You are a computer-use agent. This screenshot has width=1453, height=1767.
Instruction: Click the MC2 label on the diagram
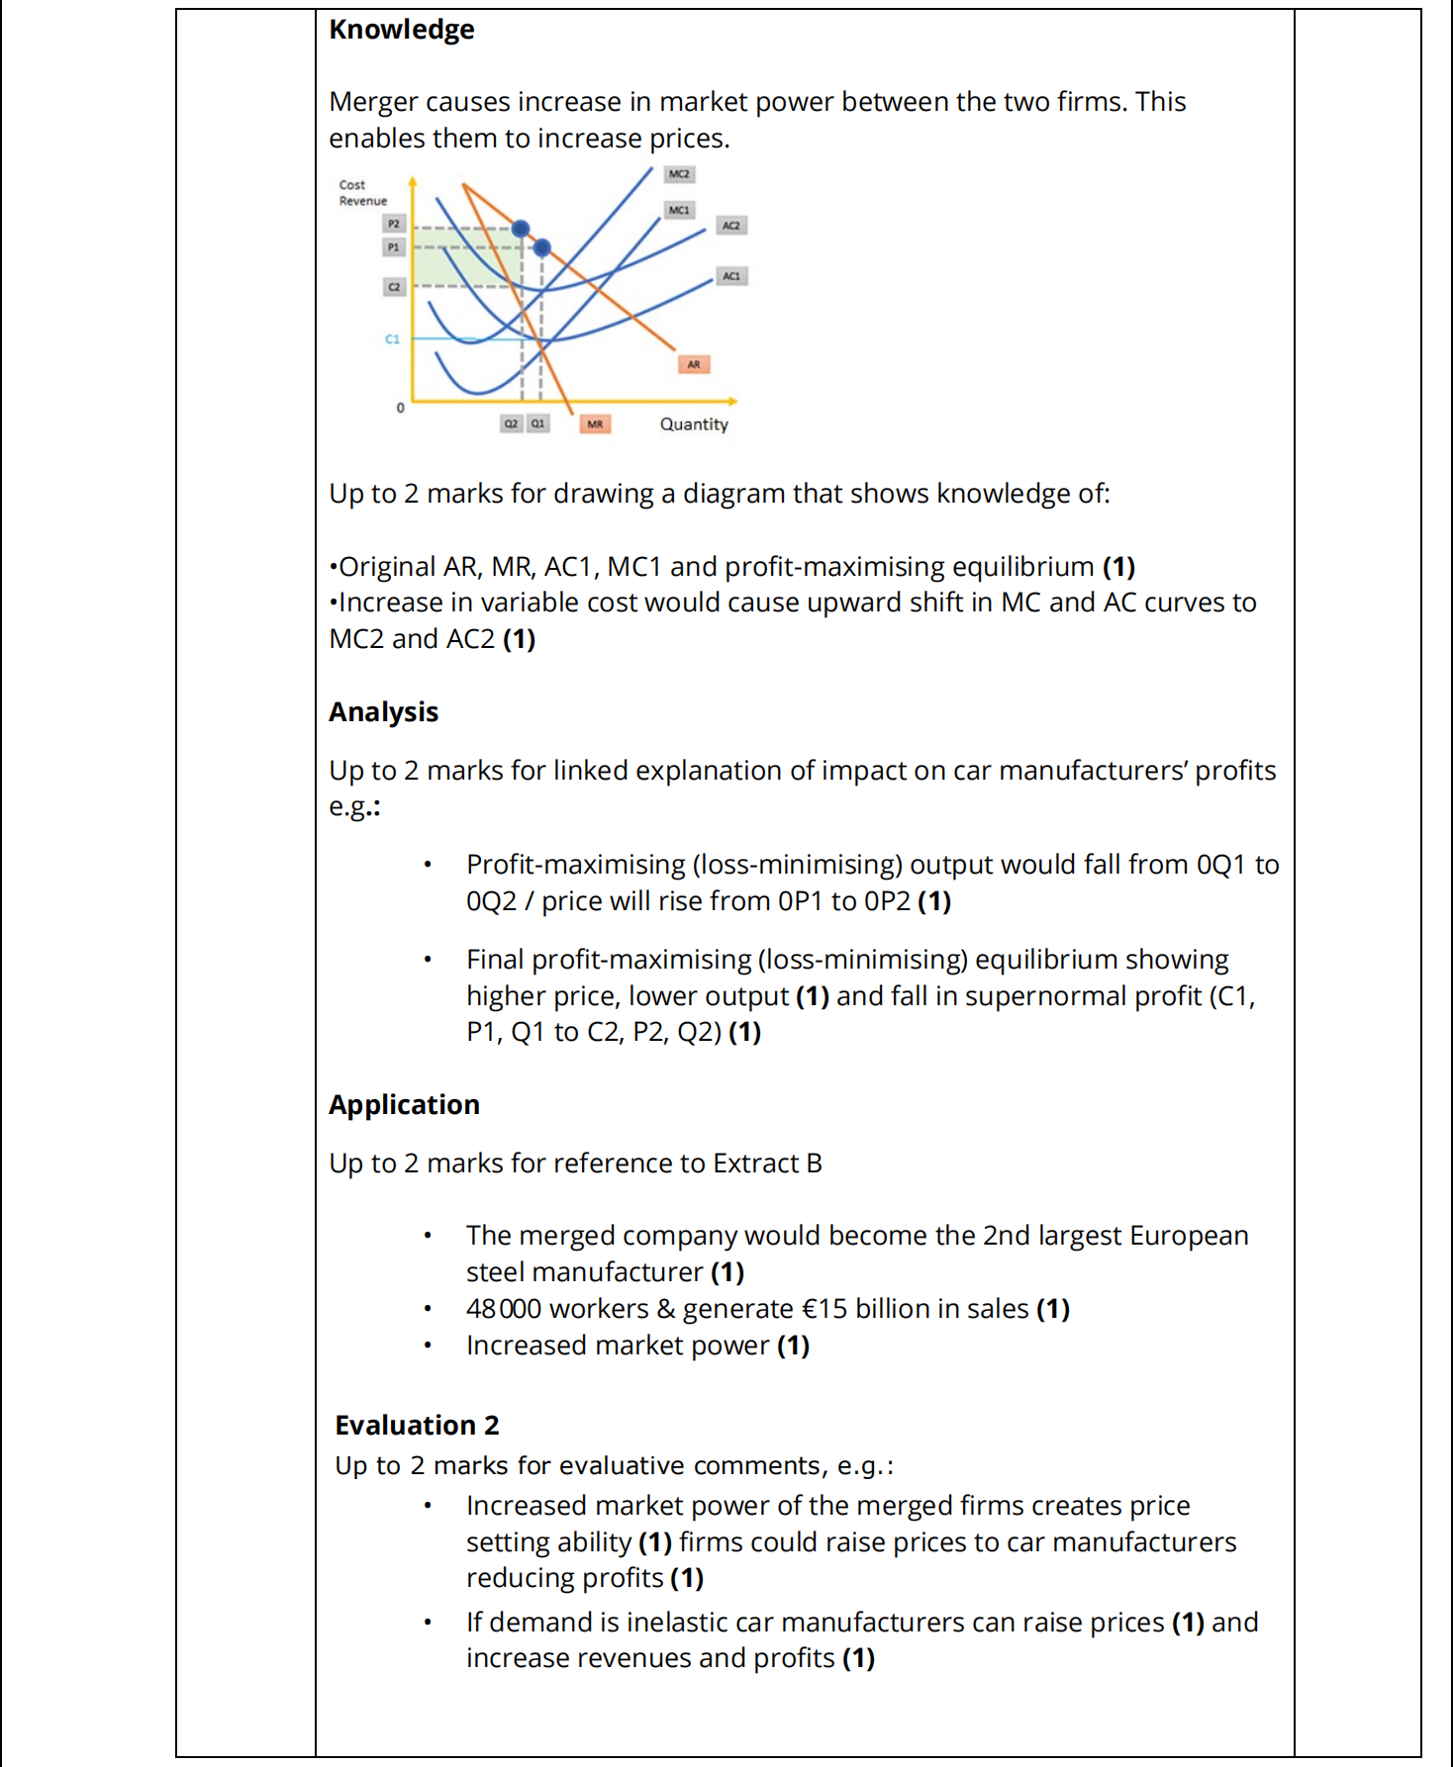tap(679, 174)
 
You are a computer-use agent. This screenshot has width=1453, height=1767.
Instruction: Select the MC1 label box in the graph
tap(679, 210)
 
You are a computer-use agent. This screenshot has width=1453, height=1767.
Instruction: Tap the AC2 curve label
tap(730, 226)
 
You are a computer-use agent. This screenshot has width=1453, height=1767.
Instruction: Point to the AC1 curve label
tap(731, 276)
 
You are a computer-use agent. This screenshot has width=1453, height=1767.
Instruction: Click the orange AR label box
tap(694, 364)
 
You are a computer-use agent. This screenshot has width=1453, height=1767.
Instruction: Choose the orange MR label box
tap(595, 424)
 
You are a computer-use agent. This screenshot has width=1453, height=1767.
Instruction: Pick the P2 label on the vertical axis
tap(394, 224)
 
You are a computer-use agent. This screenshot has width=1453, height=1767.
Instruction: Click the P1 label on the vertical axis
tap(394, 247)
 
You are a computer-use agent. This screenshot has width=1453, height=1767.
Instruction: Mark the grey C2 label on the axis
tap(394, 287)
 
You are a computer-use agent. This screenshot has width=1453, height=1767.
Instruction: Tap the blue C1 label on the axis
tap(393, 339)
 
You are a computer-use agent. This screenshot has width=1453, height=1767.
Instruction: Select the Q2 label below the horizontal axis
tap(511, 423)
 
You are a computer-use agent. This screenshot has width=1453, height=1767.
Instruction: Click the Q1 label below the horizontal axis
tap(537, 423)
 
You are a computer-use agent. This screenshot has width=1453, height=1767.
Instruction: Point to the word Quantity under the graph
tap(694, 424)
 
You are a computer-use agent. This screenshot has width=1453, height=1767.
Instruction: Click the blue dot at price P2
tap(521, 229)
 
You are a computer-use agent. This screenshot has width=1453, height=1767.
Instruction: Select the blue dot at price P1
tap(542, 247)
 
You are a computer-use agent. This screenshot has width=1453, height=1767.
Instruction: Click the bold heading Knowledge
tap(402, 30)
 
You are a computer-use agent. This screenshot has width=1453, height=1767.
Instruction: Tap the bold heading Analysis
tap(384, 712)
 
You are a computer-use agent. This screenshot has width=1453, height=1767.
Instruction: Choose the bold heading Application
tap(405, 1105)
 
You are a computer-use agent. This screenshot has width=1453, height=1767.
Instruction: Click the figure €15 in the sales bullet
tap(824, 1309)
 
